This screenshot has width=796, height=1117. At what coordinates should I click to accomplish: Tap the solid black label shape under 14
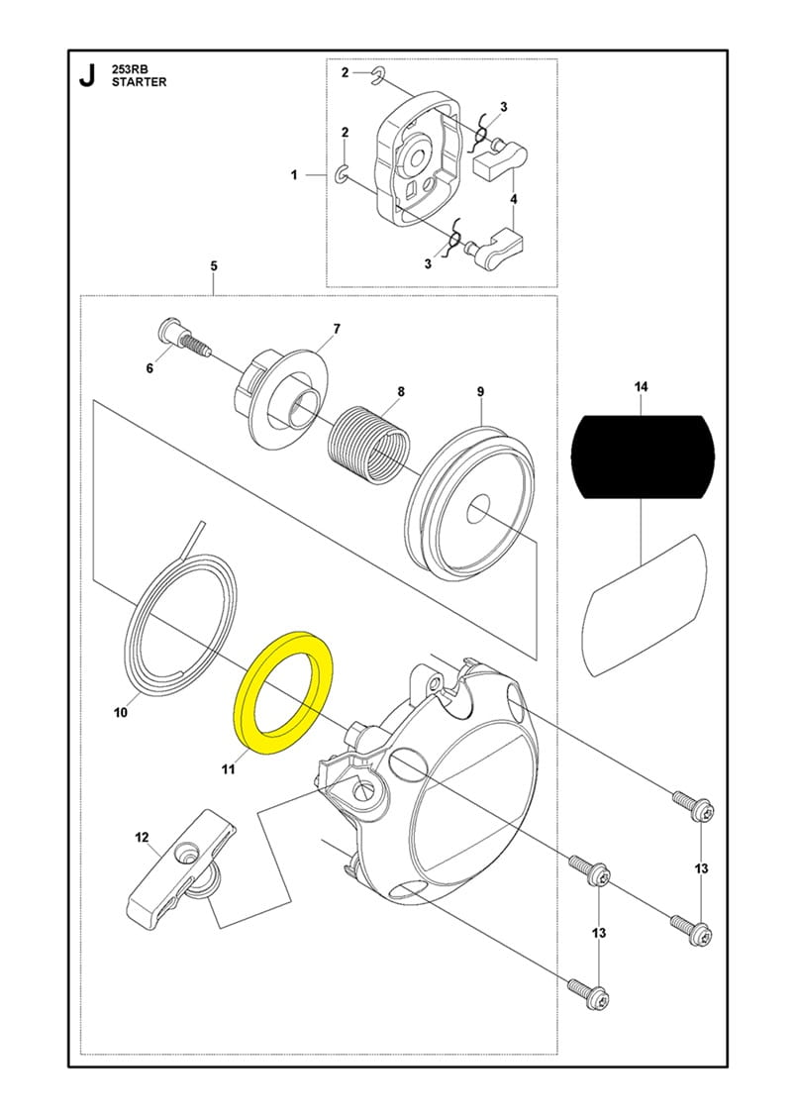643,455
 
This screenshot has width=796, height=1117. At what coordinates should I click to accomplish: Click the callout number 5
214,266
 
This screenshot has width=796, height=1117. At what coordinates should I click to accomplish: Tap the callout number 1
294,175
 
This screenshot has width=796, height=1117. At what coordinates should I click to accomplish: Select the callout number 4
513,199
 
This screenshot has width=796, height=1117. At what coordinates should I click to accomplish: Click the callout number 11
227,767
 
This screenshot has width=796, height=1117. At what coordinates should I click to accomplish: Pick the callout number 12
141,838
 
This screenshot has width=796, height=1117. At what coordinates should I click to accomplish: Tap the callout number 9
480,392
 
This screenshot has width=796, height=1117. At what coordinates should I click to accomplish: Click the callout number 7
337,328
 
